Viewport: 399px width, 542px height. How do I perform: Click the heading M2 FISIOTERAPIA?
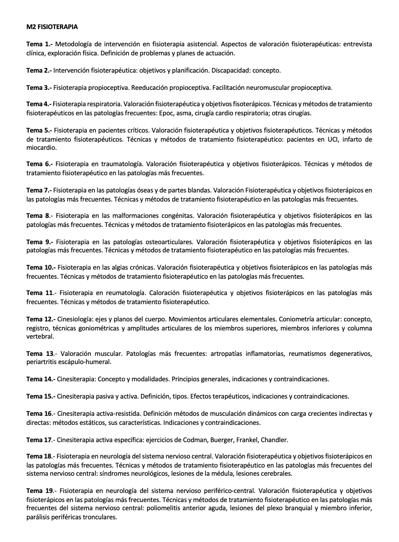[52, 27]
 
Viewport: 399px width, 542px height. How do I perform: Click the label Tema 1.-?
[40, 44]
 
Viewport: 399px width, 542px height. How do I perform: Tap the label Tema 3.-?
[40, 87]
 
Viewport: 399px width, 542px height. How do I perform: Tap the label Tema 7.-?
[40, 190]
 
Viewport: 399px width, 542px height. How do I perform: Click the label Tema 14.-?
[41, 379]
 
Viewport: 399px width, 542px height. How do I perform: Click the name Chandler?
[274, 439]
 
